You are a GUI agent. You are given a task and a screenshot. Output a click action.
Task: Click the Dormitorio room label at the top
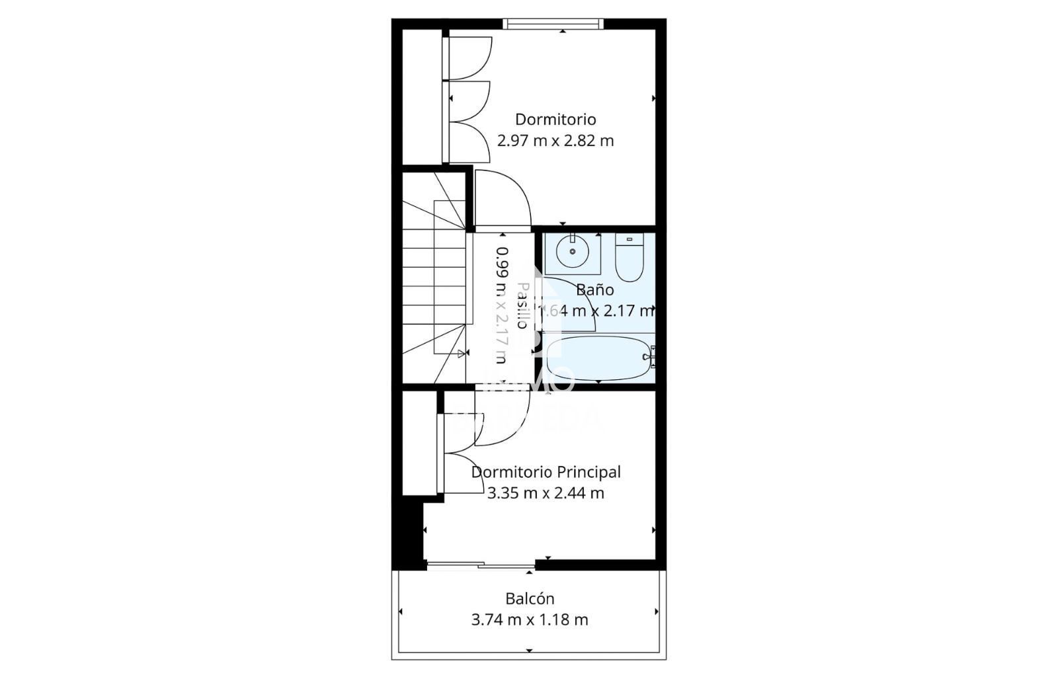coord(555,120)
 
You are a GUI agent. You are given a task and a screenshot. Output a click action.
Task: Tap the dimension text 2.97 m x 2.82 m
coord(555,141)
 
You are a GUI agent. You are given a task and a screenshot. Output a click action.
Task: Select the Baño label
coord(594,289)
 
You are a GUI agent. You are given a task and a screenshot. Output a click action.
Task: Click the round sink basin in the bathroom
coord(572,250)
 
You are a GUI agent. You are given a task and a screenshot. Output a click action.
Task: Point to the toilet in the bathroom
coord(629,261)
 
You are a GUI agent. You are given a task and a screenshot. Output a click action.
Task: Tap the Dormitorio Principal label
coord(546,472)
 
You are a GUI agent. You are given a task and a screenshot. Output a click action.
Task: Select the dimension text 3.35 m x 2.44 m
coord(546,493)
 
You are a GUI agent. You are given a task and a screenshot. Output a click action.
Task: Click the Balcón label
coord(530,599)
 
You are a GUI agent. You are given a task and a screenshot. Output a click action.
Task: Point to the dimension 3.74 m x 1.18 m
coord(530,620)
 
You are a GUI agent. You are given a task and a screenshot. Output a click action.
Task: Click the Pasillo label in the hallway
coord(522,305)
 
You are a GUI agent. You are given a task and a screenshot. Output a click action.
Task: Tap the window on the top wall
coord(553,24)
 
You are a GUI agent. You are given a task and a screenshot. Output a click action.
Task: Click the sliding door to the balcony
coord(480,565)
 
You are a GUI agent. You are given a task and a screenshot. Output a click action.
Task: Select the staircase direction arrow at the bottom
coord(461,354)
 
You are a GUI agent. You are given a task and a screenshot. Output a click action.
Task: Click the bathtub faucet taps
coord(651,357)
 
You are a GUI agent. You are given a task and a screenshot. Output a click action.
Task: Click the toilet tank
coord(629,239)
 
